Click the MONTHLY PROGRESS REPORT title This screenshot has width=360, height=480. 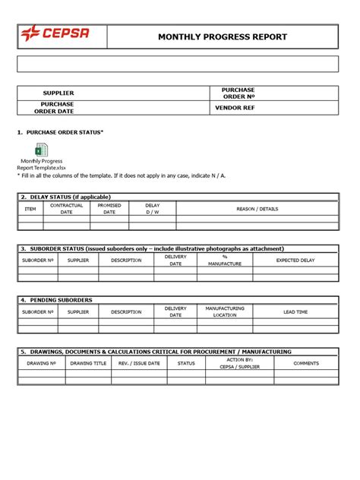[x=222, y=36]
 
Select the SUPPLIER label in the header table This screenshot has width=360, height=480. [x=58, y=93]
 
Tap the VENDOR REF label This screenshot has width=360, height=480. [x=238, y=108]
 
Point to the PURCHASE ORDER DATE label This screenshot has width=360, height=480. [x=58, y=108]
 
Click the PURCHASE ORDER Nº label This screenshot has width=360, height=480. [x=238, y=93]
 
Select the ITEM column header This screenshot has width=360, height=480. [x=30, y=209]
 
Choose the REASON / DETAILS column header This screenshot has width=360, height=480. [x=257, y=209]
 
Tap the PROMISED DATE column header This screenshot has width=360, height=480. [x=109, y=209]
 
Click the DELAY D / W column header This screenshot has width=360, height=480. [x=153, y=209]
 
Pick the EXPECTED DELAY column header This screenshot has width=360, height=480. [x=295, y=260]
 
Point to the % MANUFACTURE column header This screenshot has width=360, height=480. [x=225, y=260]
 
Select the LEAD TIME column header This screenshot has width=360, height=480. [x=295, y=311]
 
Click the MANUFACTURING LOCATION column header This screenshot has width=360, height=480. [x=225, y=311]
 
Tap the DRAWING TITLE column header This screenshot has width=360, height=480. [x=88, y=363]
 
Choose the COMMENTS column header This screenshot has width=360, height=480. [x=306, y=363]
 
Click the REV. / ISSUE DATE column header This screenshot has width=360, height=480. [x=139, y=363]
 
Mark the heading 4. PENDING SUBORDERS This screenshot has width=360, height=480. [x=57, y=300]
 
